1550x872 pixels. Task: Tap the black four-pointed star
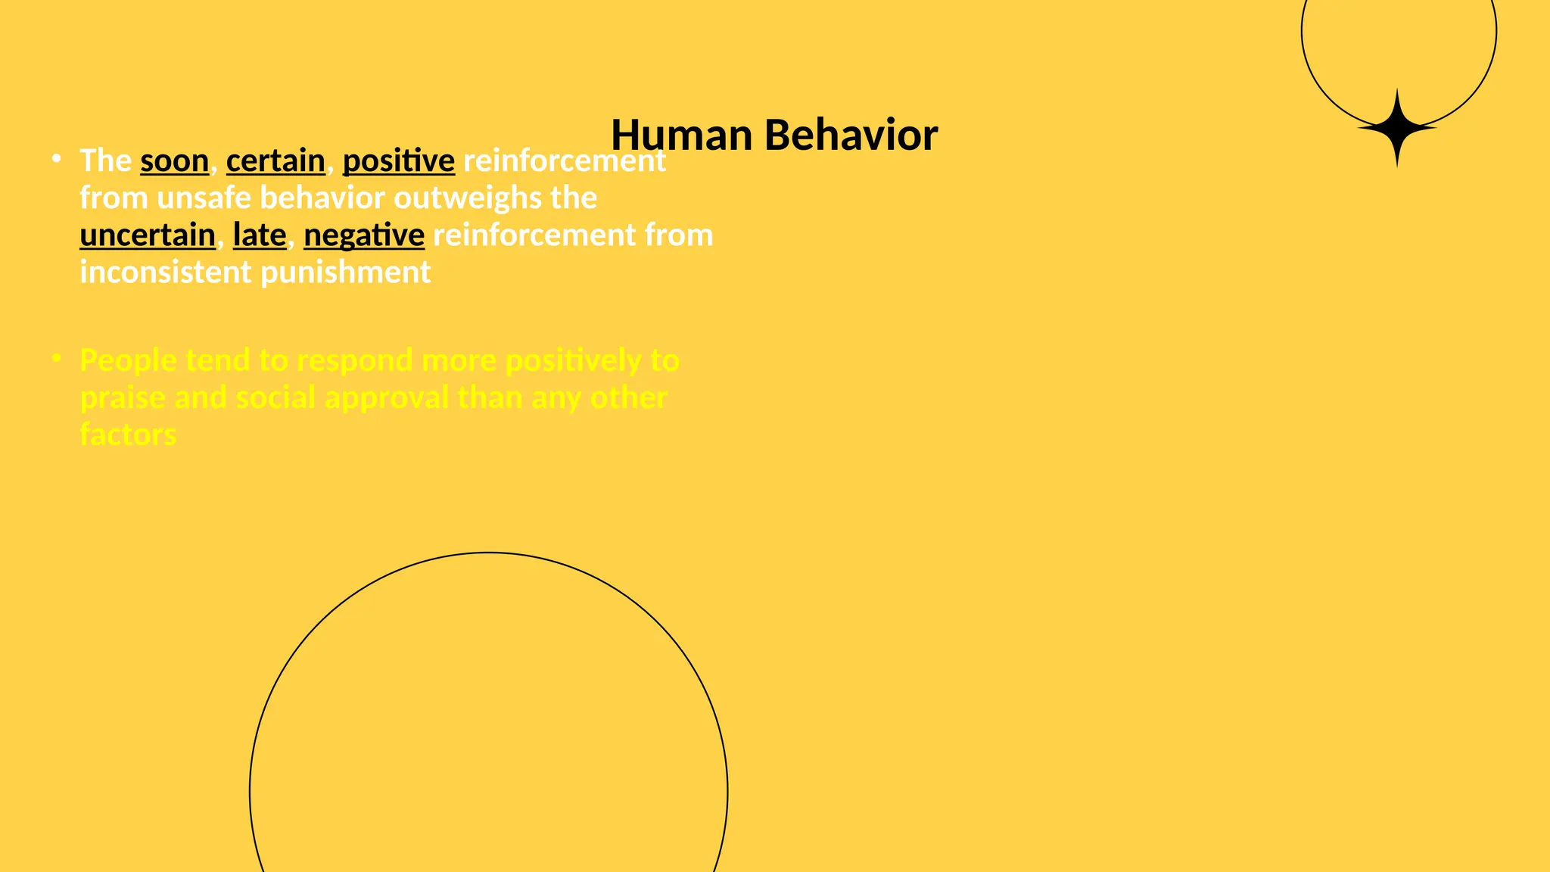[x=1397, y=128]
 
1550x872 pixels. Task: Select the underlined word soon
[x=174, y=161]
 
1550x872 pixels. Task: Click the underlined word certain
[x=275, y=161]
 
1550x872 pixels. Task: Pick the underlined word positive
[x=398, y=161]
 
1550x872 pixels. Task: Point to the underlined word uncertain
[x=148, y=235]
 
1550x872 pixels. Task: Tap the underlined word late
[x=259, y=235]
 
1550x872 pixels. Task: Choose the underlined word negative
[x=364, y=235]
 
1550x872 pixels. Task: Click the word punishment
[x=346, y=272]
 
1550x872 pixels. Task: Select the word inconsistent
[x=165, y=272]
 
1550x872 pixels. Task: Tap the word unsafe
[x=204, y=198]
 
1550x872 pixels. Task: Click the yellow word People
[x=128, y=361]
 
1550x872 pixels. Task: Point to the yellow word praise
[x=123, y=398]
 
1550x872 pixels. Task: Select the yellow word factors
[x=128, y=435]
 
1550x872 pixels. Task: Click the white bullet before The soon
[x=56, y=158]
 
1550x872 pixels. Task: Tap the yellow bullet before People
[x=56, y=358]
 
